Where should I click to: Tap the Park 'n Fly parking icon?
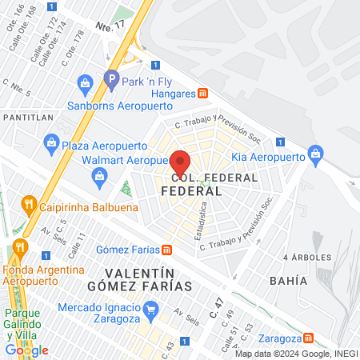coord(111,79)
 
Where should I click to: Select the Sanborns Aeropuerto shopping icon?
coord(85,82)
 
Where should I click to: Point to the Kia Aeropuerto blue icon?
coord(314,151)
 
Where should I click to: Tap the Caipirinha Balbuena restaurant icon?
coord(30,203)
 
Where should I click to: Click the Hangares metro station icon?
coord(203,93)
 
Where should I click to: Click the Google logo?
coord(27,350)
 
